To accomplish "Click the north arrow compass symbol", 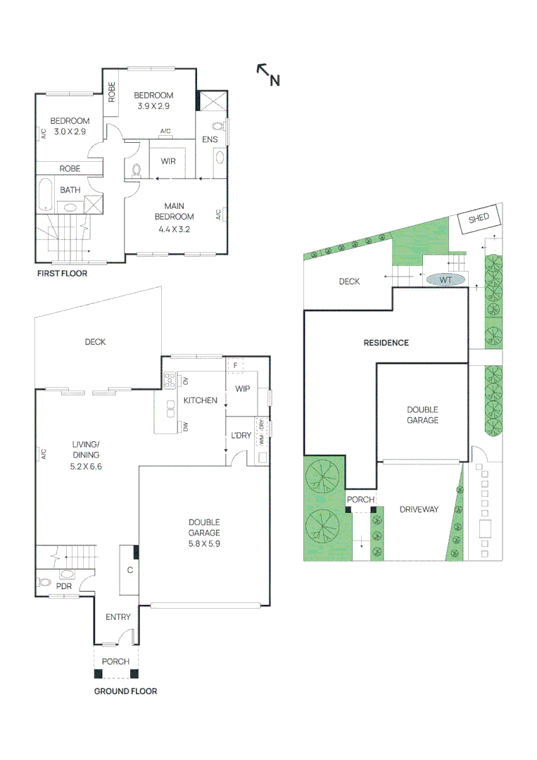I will [268, 74].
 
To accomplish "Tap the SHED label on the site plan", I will [479, 218].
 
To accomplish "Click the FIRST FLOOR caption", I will [62, 273].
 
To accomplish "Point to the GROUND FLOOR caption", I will [125, 691].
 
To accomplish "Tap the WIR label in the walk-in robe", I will [168, 161].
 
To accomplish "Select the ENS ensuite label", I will [210, 140].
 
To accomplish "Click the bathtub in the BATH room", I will [45, 195].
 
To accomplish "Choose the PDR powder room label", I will [64, 585].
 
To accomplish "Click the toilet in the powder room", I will [44, 583].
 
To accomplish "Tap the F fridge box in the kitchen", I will [234, 365].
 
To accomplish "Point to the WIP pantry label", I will [243, 388].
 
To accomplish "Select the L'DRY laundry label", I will [241, 436].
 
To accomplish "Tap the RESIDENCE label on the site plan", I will [386, 343].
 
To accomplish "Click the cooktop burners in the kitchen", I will [170, 381].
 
